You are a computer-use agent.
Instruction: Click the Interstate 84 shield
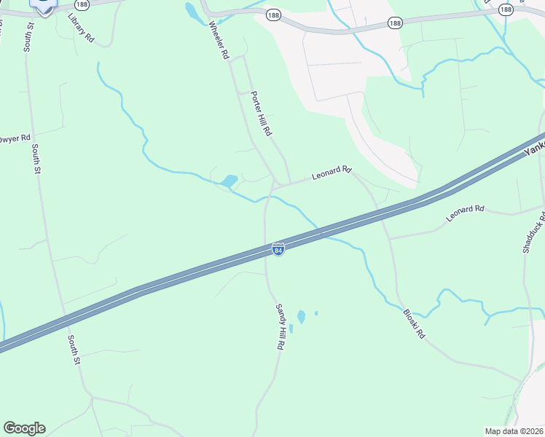pyautogui.click(x=278, y=249)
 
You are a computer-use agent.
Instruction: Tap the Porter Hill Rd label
pyautogui.click(x=260, y=114)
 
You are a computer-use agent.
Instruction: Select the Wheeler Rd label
pyautogui.click(x=219, y=41)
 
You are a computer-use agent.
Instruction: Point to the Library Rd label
pyautogui.click(x=81, y=27)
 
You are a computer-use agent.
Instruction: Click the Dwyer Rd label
pyautogui.click(x=15, y=138)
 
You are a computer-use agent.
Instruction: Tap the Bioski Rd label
pyautogui.click(x=413, y=324)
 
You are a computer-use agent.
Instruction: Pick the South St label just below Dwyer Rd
pyautogui.click(x=35, y=158)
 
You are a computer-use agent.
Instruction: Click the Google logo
pyautogui.click(x=24, y=428)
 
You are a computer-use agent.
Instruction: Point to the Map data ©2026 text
pyautogui.click(x=514, y=430)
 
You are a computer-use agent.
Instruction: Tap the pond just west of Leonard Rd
pyautogui.click(x=230, y=181)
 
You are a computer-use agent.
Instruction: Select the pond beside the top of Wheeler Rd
pyautogui.click(x=192, y=11)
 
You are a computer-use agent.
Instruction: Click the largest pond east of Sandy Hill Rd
pyautogui.click(x=301, y=317)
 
